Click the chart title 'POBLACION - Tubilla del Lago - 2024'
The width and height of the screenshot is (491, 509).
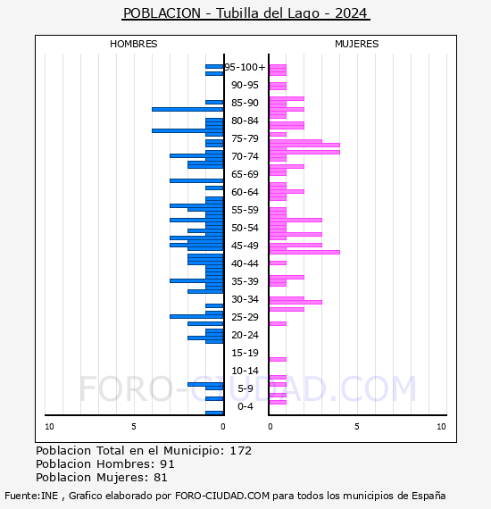tap(245, 13)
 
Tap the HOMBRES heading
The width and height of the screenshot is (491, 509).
tap(133, 44)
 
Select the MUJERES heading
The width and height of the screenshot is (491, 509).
tap(357, 44)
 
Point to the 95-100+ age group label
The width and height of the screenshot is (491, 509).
tap(245, 67)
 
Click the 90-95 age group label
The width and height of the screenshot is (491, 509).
tap(245, 85)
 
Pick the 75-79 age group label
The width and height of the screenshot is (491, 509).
tap(245, 138)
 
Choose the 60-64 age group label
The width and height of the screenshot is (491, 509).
tap(245, 192)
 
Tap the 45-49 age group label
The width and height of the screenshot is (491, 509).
tap(245, 246)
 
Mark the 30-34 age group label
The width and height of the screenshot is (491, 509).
tap(245, 299)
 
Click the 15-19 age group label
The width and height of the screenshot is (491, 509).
tap(245, 353)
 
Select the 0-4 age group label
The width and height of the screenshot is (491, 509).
tap(245, 406)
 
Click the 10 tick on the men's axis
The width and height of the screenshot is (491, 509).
tap(49, 427)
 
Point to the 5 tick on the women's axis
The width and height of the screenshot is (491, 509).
tap(357, 427)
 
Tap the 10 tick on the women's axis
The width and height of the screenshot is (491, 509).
tap(441, 427)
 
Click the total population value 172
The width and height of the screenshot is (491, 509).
tap(240, 451)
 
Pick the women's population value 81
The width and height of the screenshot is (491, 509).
tap(161, 478)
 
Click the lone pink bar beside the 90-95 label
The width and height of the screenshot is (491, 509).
tap(278, 86)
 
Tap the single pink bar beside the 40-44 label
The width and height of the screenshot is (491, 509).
tap(278, 263)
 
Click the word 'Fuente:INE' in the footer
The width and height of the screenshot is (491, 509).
tap(31, 496)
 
